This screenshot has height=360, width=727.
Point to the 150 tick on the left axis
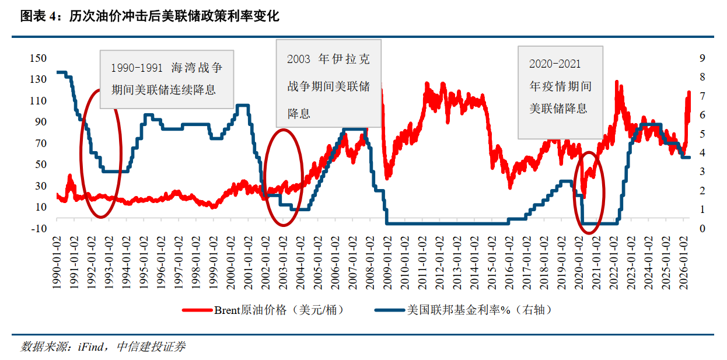pyautogui.click(x=39, y=58)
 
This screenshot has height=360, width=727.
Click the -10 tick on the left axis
pyautogui.click(x=39, y=229)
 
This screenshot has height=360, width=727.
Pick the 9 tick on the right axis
pyautogui.click(x=702, y=58)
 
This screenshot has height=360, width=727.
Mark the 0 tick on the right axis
pyautogui.click(x=702, y=229)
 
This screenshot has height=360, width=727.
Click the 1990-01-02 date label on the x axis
pyautogui.click(x=57, y=263)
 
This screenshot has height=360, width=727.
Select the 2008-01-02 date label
pyautogui.click(x=370, y=263)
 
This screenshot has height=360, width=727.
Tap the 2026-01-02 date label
pyautogui.click(x=683, y=263)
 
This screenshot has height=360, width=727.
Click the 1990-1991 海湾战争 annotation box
pyautogui.click(x=167, y=79)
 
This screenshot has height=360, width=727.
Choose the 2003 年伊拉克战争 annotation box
pyautogui.click(x=328, y=83)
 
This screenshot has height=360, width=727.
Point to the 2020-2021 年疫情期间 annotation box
pyautogui.click(x=561, y=93)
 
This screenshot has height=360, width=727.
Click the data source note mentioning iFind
pyautogui.click(x=103, y=347)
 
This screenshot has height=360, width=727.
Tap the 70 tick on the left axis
pyautogui.click(x=41, y=143)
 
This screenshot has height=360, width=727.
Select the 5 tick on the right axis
pyautogui.click(x=702, y=134)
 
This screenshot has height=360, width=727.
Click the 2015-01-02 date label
pyautogui.click(x=492, y=263)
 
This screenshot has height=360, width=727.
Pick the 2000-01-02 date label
pyautogui.click(x=230, y=263)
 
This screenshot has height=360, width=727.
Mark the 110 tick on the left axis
pyautogui.click(x=39, y=100)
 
